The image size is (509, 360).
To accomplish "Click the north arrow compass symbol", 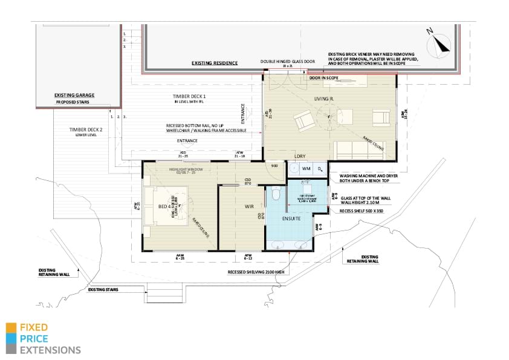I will click(440, 44).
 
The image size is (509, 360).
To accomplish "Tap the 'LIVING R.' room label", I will click(325, 98).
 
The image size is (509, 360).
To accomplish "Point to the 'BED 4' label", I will click(165, 207).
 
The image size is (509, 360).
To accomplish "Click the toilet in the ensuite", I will click(276, 194).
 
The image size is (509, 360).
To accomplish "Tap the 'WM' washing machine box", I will click(306, 169).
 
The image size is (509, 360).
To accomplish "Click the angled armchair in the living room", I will click(303, 121).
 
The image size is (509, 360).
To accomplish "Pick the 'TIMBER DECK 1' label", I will click(189, 97).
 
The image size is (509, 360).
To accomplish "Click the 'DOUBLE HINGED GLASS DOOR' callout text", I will click(289, 62).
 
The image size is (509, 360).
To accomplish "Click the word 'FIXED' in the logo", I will click(34, 327).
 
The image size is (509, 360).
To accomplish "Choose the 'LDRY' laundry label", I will click(299, 156).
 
